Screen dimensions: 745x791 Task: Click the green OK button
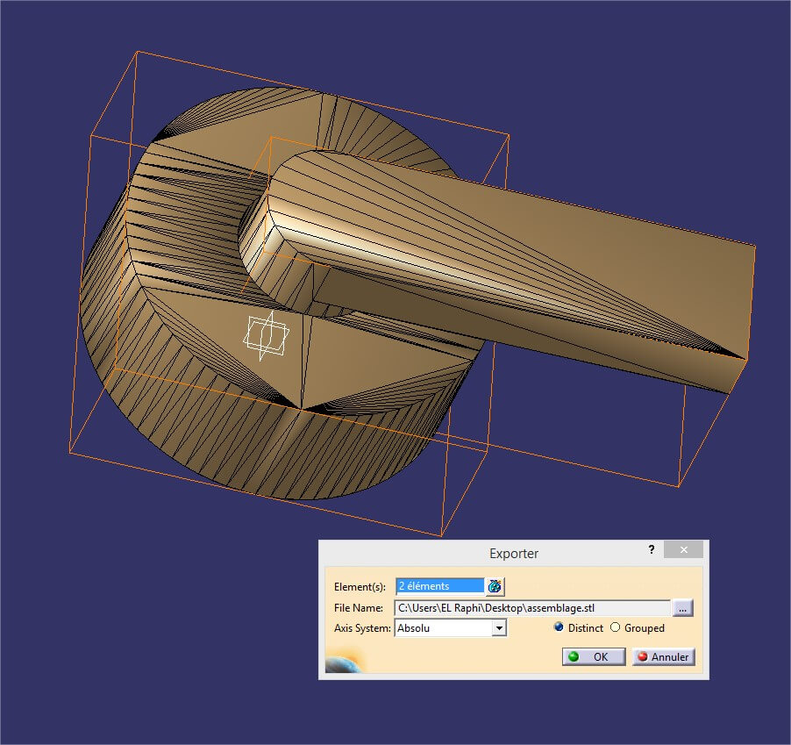point(594,656)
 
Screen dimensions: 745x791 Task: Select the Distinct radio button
point(559,627)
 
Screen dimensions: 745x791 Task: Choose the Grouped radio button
point(615,627)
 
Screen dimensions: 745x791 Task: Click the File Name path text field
point(532,607)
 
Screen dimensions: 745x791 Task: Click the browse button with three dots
point(683,607)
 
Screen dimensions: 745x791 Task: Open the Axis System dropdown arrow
point(499,627)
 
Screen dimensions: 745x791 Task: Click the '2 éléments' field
point(439,585)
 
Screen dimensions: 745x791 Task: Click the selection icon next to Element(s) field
point(495,586)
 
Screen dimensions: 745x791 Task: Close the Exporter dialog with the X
point(683,550)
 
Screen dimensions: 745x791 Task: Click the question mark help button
point(651,550)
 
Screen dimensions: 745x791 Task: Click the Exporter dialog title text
point(513,554)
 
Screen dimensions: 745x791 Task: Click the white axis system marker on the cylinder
point(265,336)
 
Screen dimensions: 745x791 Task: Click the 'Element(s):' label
point(360,586)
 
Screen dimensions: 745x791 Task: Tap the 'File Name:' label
point(359,607)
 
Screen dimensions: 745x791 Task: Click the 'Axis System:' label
point(363,628)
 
